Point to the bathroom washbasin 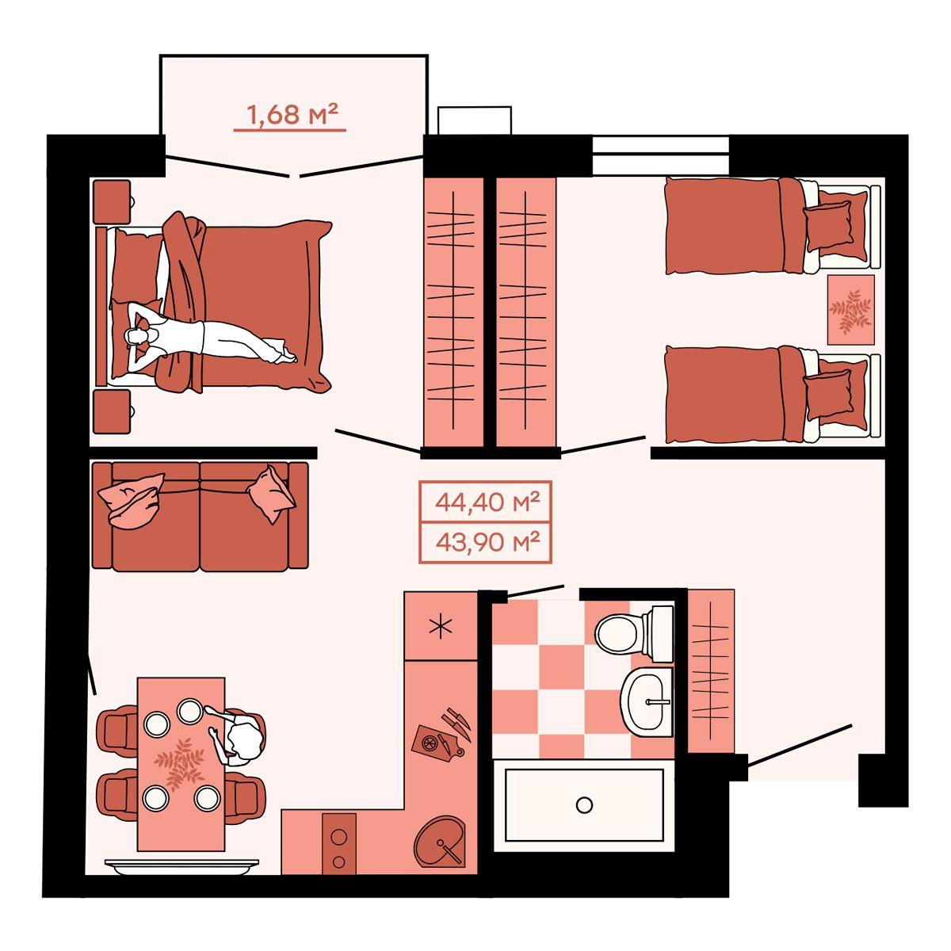coord(647,701)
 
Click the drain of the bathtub coord(584,805)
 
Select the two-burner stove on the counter coord(339,844)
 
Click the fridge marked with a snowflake coord(440,627)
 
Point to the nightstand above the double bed coord(113,201)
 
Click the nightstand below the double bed coord(113,411)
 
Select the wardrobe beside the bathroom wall coord(711,678)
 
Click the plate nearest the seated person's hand coord(189,711)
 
